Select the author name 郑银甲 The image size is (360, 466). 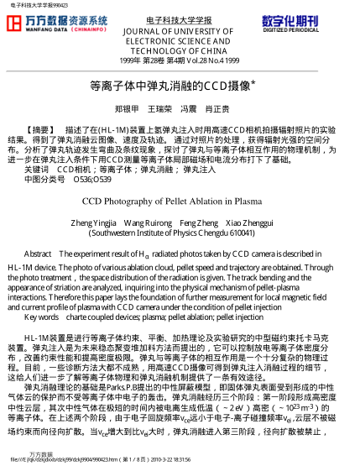pos(127,109)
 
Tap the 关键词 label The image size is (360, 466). pos(37,169)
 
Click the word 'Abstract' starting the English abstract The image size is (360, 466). pos(39,254)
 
